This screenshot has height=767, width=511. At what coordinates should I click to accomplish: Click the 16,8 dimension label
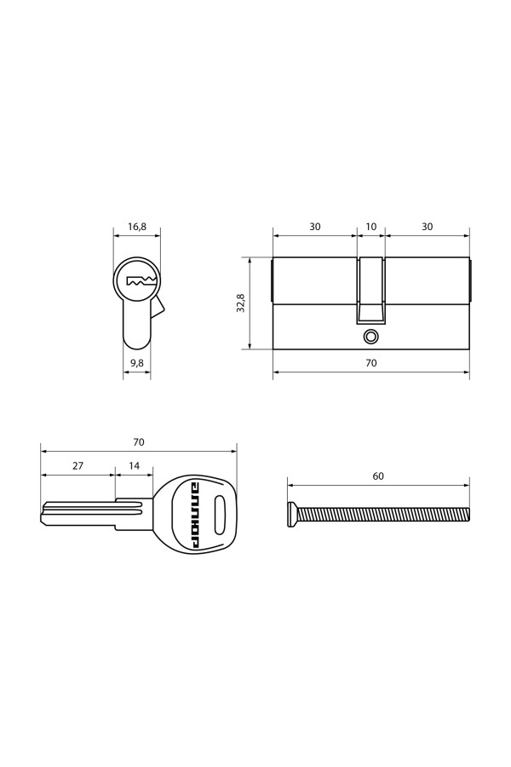pyautogui.click(x=137, y=227)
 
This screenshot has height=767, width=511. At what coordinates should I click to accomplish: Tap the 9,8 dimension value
pyautogui.click(x=137, y=362)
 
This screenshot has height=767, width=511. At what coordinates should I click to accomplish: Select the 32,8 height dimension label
pyautogui.click(x=239, y=303)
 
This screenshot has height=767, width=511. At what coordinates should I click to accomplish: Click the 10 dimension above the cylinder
pyautogui.click(x=371, y=227)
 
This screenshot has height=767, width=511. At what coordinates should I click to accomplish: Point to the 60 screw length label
pyautogui.click(x=378, y=476)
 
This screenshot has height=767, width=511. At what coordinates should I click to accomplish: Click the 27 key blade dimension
pyautogui.click(x=78, y=465)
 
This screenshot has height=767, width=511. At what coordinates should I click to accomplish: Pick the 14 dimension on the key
pyautogui.click(x=134, y=465)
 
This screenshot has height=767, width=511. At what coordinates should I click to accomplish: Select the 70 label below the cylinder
pyautogui.click(x=371, y=363)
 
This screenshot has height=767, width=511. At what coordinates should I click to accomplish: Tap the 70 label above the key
pyautogui.click(x=139, y=441)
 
